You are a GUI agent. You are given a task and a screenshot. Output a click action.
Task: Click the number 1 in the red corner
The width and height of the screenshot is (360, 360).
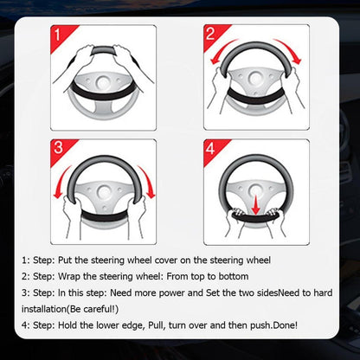pos(57,35)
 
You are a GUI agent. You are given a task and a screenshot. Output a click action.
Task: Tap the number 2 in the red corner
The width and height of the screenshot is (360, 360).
pos(210,34)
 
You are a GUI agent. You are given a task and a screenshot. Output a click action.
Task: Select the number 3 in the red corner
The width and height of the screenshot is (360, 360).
pos(58,148)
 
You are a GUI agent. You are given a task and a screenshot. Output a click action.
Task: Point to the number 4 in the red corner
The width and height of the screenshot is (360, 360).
pos(210,148)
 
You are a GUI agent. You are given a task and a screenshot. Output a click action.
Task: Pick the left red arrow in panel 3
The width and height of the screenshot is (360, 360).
pos(61,180)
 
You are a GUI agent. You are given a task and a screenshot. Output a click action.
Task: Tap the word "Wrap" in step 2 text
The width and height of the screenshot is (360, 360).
pos(69,277)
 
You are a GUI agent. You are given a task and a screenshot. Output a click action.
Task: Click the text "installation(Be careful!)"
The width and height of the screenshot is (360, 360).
pos(70,309)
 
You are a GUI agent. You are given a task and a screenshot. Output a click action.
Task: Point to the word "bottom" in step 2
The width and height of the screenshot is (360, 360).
pos(234,276)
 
